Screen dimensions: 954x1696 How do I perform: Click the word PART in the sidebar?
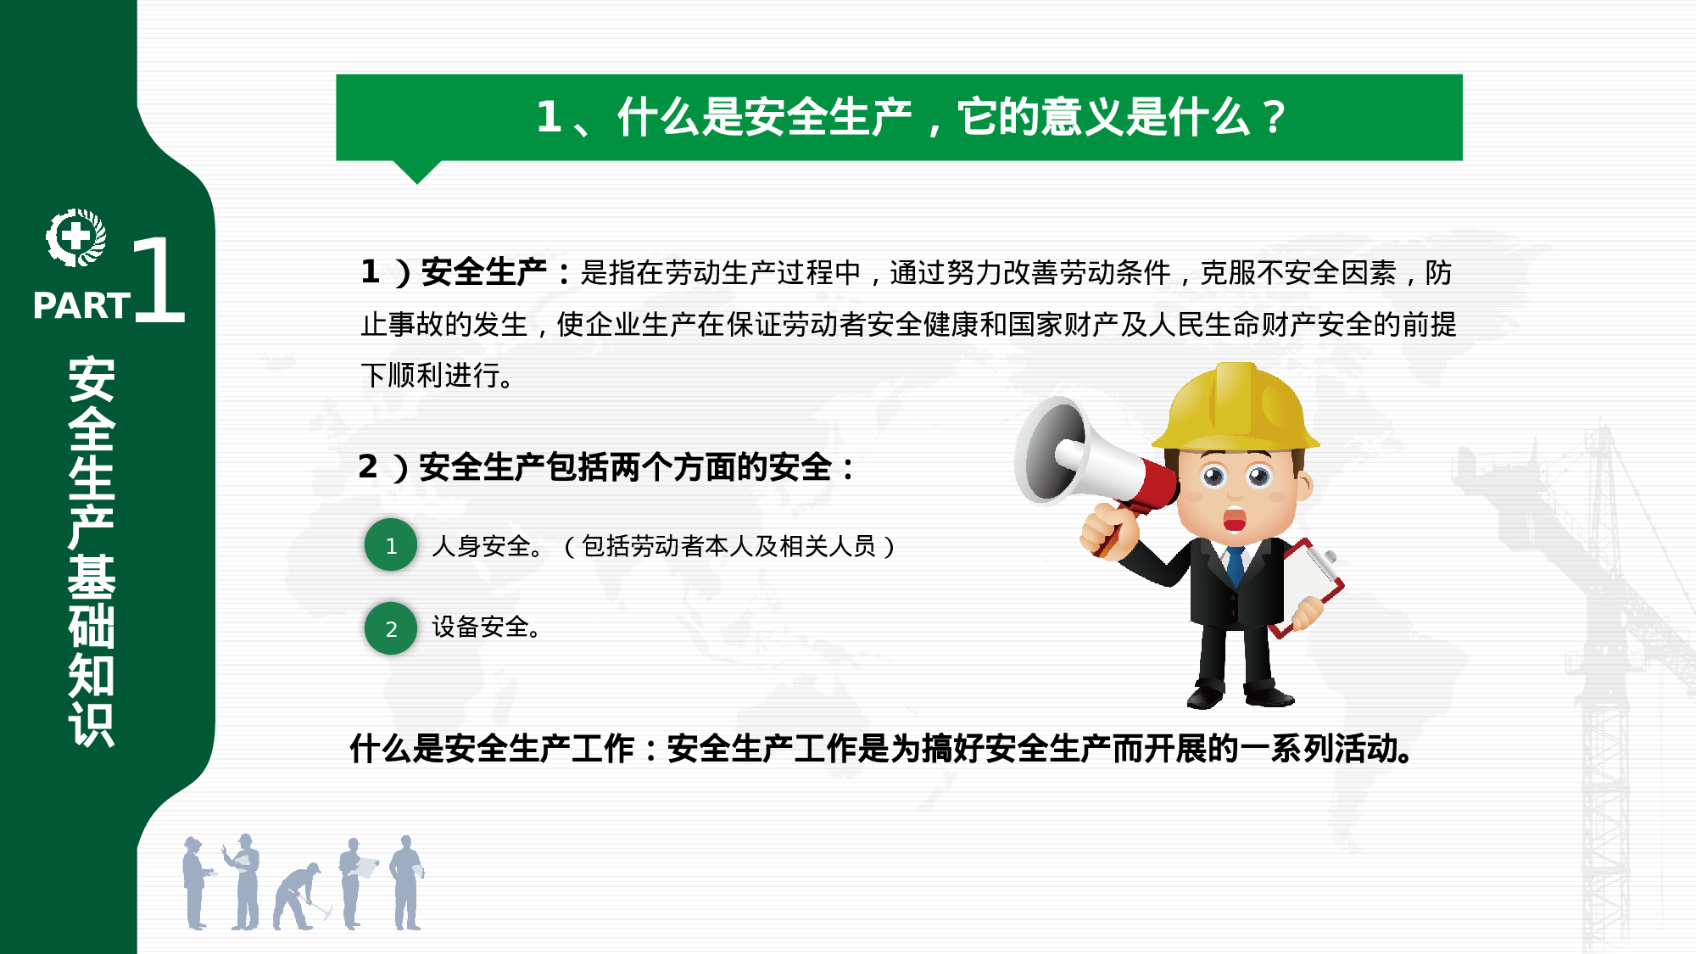coord(81,306)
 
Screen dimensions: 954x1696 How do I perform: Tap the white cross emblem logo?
coord(75,237)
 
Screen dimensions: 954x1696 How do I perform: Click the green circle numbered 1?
coord(391,545)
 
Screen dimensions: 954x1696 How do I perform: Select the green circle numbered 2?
coord(391,628)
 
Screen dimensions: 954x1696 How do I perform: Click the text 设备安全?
coord(485,628)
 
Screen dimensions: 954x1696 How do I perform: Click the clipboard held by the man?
coord(1310,585)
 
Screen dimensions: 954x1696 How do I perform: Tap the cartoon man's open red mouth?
coord(1235,520)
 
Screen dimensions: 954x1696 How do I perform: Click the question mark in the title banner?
coord(1273,118)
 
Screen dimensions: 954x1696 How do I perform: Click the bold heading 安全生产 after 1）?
coord(483,272)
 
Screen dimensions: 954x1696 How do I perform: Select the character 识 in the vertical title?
coord(92,725)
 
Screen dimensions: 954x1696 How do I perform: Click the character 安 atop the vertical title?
coord(92,379)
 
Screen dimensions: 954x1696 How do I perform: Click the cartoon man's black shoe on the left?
coord(1204,697)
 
